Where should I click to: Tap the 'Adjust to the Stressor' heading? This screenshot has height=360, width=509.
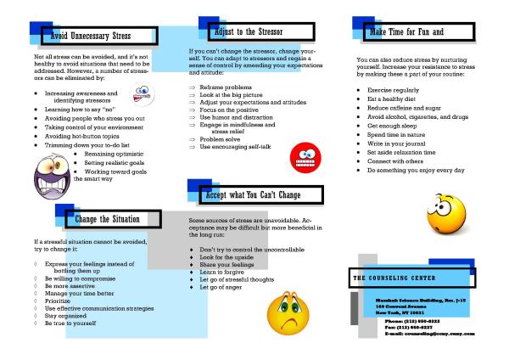point(249,31)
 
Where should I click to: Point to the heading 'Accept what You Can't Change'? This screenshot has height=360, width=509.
point(252,195)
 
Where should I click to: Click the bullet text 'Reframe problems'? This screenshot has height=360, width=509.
point(225,87)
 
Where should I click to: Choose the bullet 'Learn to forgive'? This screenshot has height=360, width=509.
point(223,271)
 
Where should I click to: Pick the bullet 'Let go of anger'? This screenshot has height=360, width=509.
point(222,287)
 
